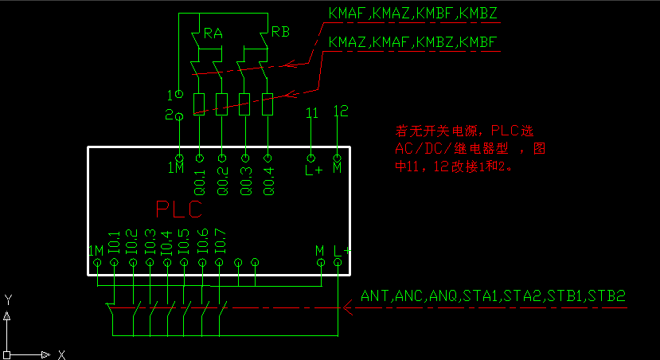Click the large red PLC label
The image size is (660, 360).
coord(179,209)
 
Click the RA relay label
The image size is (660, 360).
coord(213,33)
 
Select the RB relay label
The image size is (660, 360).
coord(280,32)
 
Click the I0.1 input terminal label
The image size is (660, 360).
coord(114,243)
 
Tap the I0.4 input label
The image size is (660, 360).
coord(166,243)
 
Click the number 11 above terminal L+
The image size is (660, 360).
coord(312,112)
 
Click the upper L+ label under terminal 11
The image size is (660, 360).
coord(312,169)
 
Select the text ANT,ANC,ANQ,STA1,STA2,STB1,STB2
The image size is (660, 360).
coord(494,296)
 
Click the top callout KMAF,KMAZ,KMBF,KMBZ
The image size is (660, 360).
coord(413,14)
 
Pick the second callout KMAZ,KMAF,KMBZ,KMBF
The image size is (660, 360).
coord(413,41)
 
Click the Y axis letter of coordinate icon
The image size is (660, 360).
coord(8,299)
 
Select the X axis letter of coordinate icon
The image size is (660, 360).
coord(61,354)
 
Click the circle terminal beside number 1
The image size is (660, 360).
coord(179,94)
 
